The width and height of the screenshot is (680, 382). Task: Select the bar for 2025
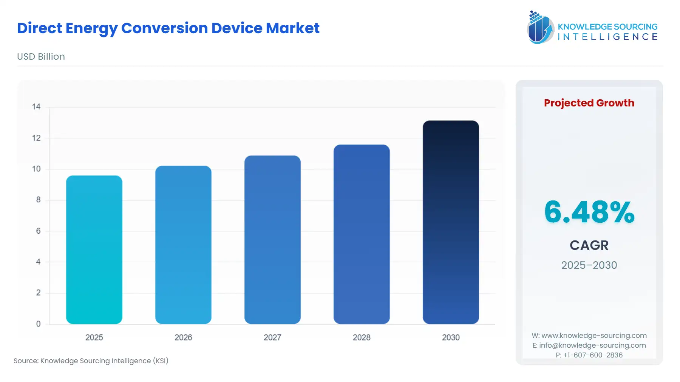[94, 250]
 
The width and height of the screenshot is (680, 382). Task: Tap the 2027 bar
[272, 240]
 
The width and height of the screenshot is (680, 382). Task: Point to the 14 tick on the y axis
[36, 107]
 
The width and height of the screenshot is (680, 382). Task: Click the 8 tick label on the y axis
[38, 200]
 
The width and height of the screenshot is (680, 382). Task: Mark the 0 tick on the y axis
[38, 324]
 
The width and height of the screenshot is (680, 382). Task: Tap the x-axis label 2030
[451, 337]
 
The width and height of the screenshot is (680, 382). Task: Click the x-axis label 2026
[183, 337]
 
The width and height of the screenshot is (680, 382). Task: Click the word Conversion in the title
[164, 28]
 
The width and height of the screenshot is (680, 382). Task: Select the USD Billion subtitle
[41, 57]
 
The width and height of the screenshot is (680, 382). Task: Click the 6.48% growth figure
[589, 212]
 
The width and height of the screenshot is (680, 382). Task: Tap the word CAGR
[589, 245]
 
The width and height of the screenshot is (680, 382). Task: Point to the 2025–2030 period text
[589, 265]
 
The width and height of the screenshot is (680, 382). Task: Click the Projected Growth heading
[589, 103]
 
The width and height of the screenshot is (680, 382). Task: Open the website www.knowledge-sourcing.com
[594, 336]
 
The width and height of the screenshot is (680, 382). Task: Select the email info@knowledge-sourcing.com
[592, 345]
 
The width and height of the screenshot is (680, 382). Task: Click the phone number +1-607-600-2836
[593, 355]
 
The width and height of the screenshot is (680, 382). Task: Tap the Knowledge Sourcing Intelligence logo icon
[540, 27]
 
